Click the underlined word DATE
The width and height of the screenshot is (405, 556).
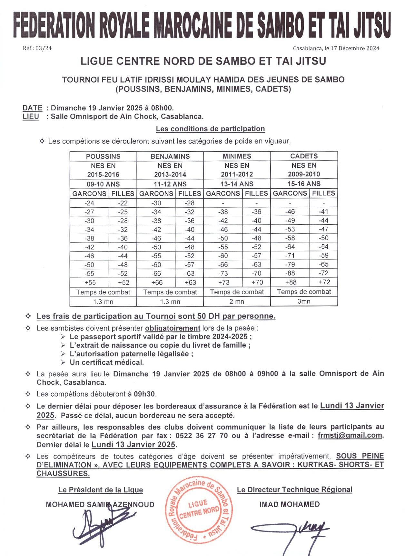point(32,108)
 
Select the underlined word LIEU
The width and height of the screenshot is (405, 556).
point(31,117)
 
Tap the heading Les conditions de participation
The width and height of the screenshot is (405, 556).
point(210,129)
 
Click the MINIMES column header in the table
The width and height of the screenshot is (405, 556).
point(237,156)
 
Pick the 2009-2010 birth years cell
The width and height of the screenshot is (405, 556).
point(304,174)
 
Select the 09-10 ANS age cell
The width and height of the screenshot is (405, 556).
point(103,184)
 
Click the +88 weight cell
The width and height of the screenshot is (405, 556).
point(290,282)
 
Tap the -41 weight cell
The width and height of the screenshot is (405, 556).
point(323,212)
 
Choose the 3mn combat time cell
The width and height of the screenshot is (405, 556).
point(304,301)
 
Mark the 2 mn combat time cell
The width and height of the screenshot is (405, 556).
point(237,302)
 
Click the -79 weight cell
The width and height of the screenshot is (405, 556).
point(290,264)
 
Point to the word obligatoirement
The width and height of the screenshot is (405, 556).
point(173,328)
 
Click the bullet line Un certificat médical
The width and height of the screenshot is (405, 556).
point(107,363)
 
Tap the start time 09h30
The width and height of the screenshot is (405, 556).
point(144,394)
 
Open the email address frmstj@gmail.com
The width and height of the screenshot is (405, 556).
point(350,436)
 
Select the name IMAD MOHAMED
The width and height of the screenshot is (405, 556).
point(290,504)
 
